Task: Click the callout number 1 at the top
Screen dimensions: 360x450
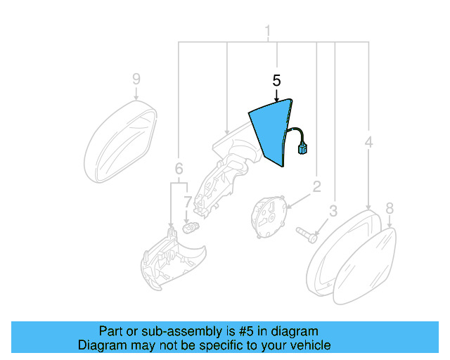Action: (267, 31)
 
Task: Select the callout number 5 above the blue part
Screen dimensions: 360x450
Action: (276, 80)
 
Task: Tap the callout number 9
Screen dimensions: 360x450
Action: (136, 79)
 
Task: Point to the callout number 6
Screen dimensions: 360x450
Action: (179, 169)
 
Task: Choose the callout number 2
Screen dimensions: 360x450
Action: (316, 186)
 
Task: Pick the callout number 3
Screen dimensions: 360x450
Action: (333, 210)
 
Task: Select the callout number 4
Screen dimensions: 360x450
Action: (368, 143)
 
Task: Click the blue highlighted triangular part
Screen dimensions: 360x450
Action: (271, 130)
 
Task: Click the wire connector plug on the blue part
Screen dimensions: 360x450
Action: (305, 148)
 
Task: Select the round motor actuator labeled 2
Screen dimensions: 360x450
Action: (269, 214)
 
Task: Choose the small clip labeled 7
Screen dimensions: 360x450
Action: (188, 227)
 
